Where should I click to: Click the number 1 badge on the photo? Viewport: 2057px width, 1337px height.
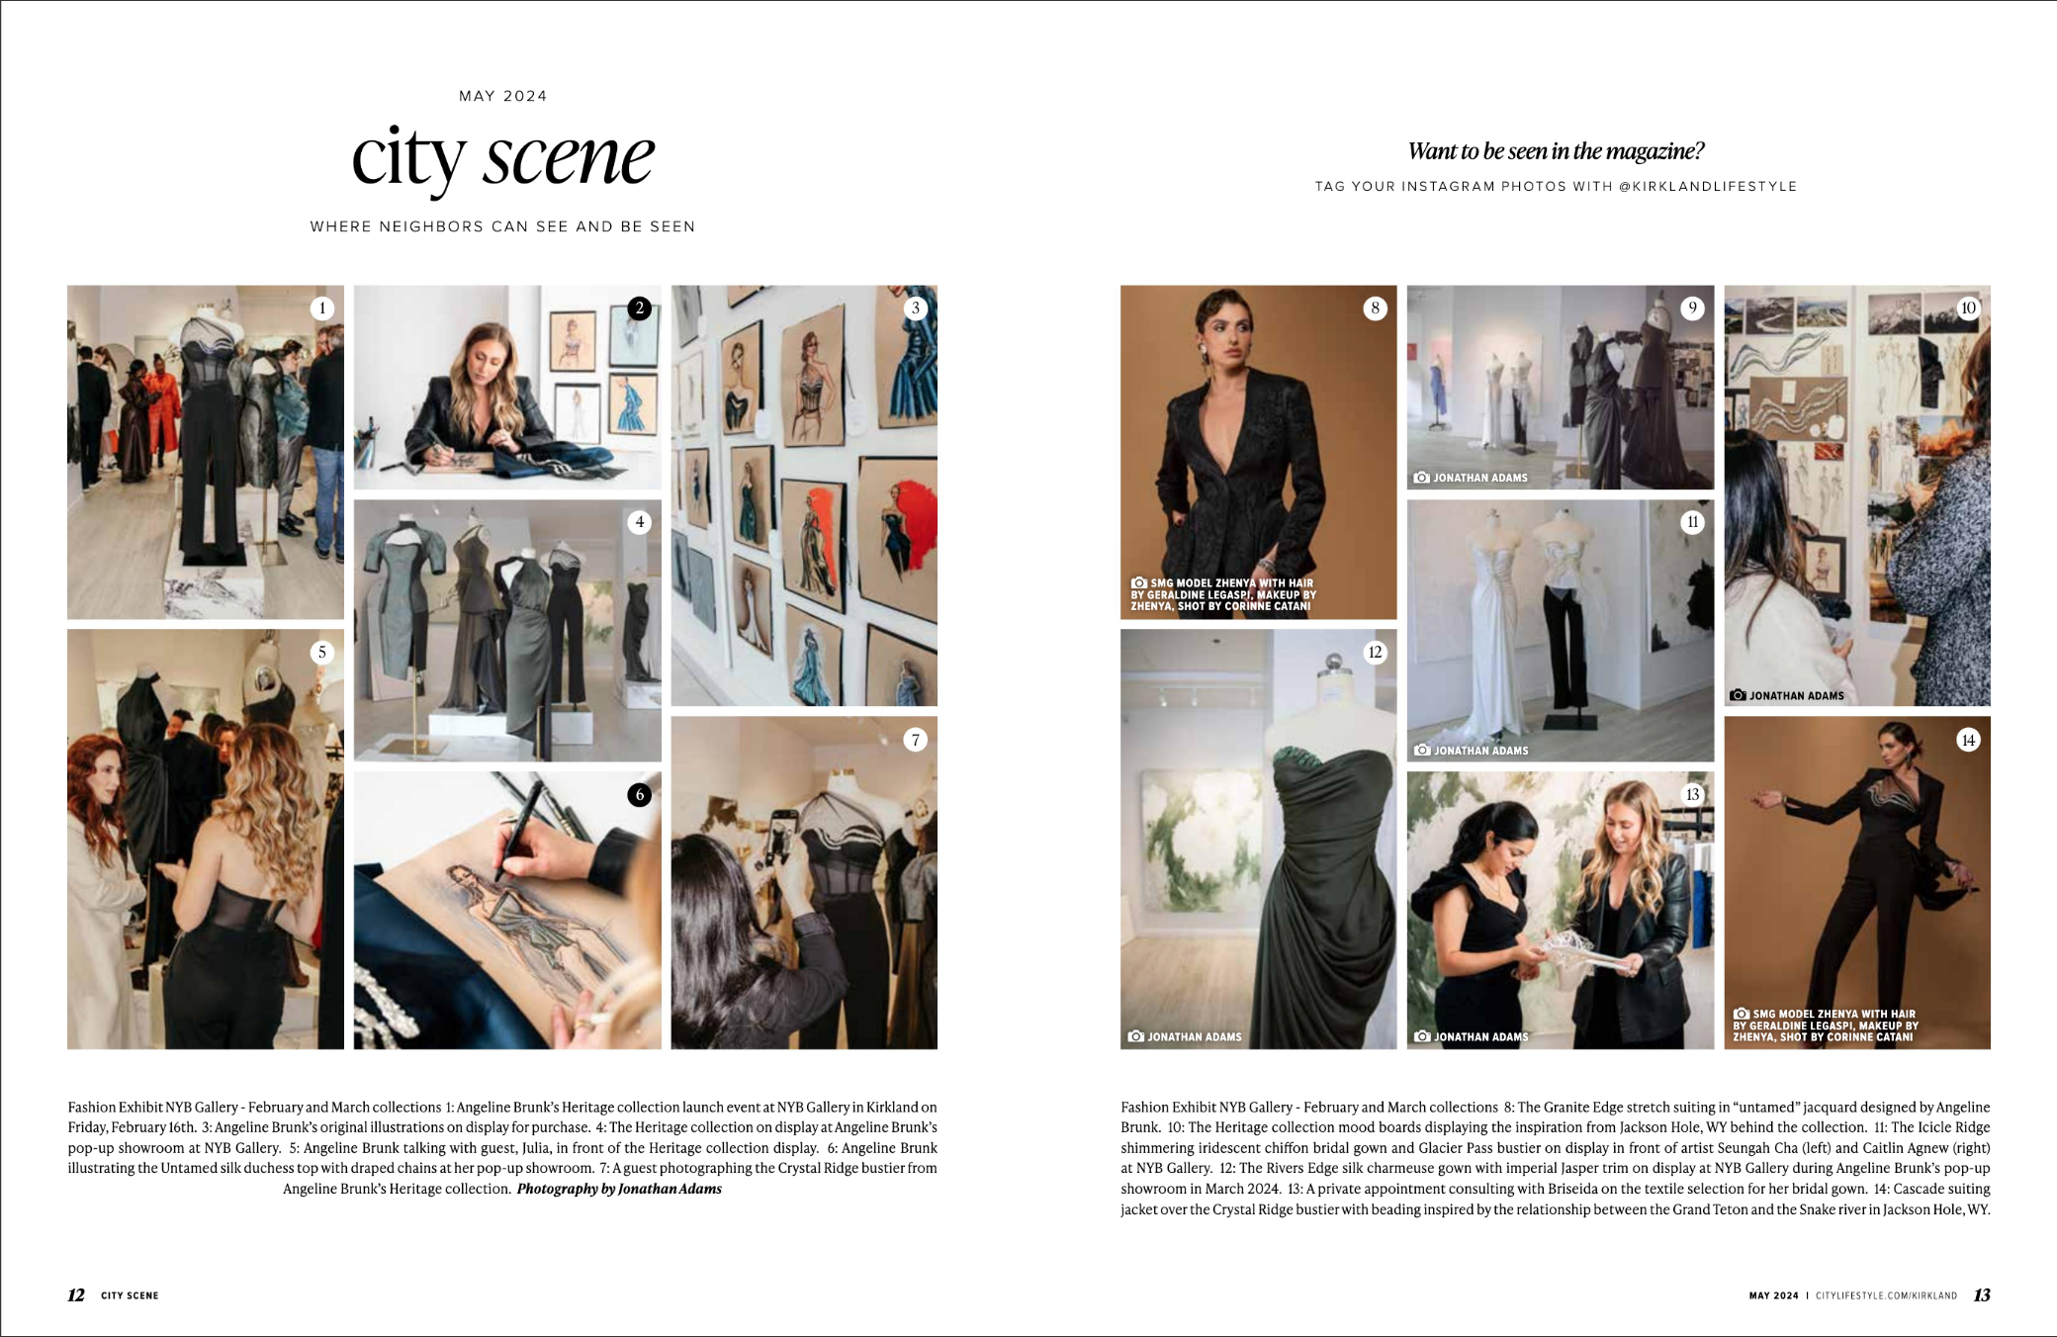tap(321, 309)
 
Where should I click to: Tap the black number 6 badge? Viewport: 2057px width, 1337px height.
tap(640, 794)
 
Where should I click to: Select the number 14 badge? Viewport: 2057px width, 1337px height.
tap(1968, 740)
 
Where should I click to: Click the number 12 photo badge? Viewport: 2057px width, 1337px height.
tap(1375, 652)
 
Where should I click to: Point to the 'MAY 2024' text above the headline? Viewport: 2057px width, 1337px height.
tap(502, 96)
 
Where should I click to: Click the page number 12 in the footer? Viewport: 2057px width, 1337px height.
tap(76, 1295)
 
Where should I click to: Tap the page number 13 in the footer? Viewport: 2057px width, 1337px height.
tap(1982, 1295)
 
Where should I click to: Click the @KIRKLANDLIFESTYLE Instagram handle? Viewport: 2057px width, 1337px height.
tap(1708, 187)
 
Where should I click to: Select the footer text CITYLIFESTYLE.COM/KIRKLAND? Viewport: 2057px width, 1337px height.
tap(1886, 1295)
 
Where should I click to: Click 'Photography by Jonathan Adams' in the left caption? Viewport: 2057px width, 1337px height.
tap(619, 1189)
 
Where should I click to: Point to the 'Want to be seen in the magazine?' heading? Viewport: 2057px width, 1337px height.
tap(1556, 151)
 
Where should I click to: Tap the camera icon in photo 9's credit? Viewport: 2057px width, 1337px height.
tap(1422, 478)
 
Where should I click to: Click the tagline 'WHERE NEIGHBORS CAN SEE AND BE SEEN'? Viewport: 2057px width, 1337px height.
tap(502, 226)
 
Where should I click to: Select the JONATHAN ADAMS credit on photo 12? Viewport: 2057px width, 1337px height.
tap(1194, 1037)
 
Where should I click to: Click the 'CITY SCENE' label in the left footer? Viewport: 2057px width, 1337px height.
tap(130, 1295)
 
